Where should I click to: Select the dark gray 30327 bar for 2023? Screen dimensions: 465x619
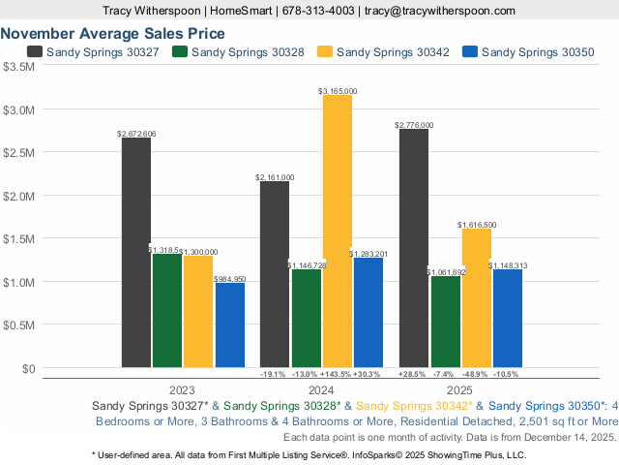[x=136, y=252]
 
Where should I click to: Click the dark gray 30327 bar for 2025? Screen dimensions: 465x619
[x=414, y=247]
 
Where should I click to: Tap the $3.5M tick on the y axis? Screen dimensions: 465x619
[x=19, y=67]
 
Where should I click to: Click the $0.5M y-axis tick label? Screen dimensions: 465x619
[x=19, y=325]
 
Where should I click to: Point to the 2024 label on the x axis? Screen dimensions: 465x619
[x=322, y=387]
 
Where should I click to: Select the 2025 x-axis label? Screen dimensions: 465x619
[x=460, y=387]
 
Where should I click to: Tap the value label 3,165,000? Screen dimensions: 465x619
[x=338, y=91]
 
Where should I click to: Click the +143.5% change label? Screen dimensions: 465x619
[x=338, y=373]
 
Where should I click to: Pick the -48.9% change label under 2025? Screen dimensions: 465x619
[x=476, y=373]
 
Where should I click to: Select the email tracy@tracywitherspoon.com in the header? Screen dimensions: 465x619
[x=439, y=10]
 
